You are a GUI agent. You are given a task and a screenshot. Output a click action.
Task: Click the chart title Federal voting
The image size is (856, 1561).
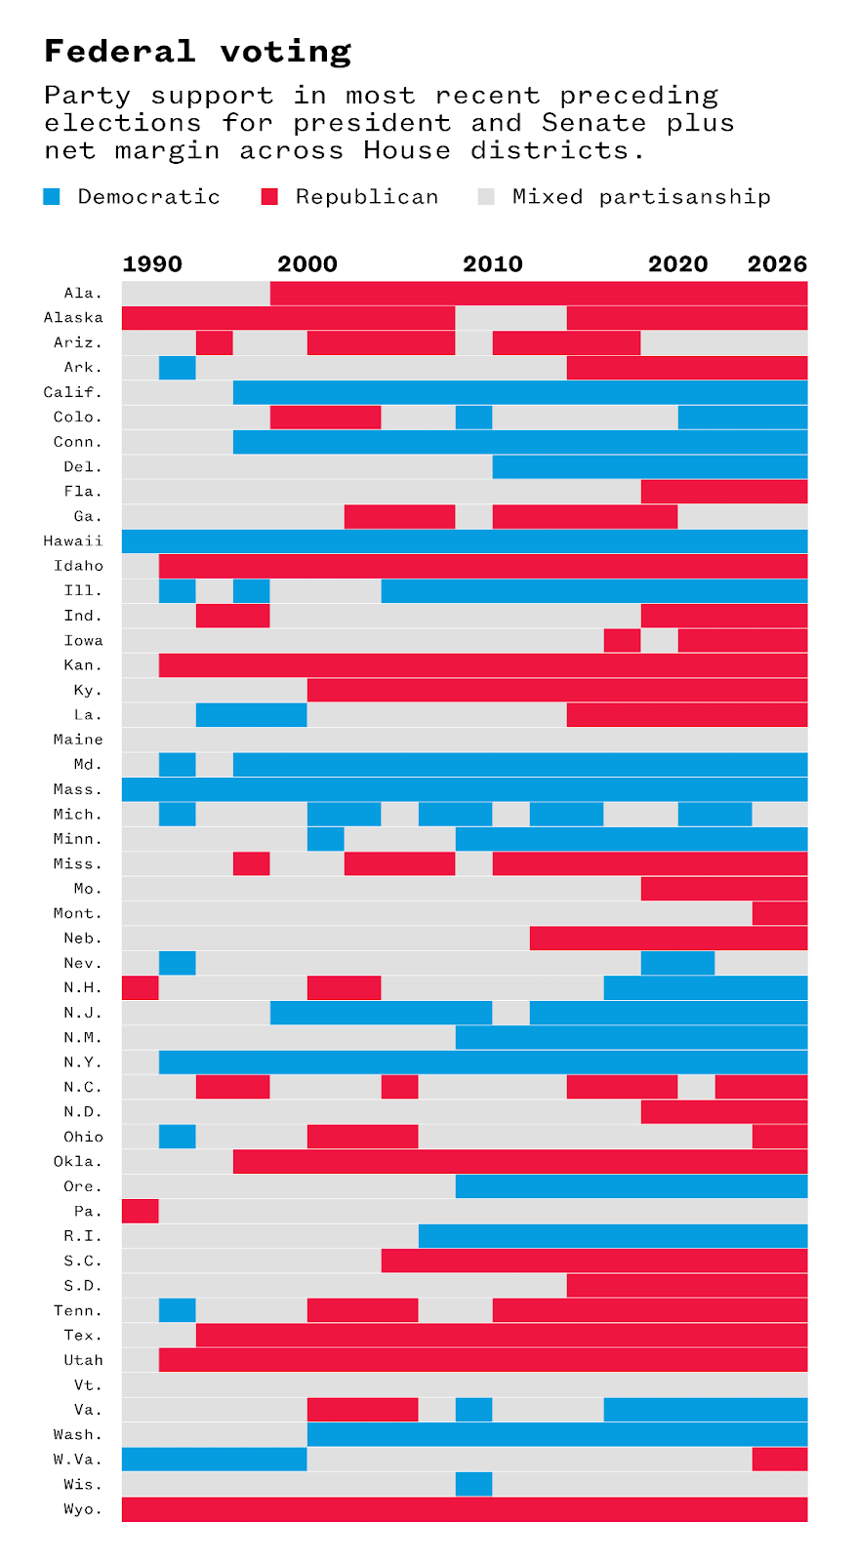tap(197, 52)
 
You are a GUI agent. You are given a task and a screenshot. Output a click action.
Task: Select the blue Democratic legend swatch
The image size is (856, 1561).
tap(52, 197)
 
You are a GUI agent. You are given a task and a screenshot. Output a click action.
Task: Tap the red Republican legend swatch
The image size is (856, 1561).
tap(269, 197)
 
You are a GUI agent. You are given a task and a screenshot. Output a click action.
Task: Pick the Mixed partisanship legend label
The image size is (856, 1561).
tap(641, 197)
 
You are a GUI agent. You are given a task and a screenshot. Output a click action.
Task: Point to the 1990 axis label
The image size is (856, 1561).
tap(152, 264)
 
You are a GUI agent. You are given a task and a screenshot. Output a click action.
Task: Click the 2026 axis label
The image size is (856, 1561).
tap(777, 264)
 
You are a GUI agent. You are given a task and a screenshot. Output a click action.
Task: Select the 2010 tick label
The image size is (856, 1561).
tap(493, 264)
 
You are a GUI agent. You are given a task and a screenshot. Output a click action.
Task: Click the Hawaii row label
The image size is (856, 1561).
tap(73, 541)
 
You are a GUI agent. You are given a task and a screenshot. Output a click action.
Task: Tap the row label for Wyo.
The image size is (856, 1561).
tap(83, 1509)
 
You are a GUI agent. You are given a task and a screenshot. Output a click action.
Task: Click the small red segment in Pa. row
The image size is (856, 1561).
tap(140, 1211)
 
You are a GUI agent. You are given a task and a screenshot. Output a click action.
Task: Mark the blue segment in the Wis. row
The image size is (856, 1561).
tap(473, 1484)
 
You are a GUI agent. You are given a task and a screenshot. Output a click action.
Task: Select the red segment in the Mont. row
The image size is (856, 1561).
tap(779, 913)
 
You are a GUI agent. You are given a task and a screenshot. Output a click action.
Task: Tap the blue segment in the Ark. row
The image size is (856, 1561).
tap(177, 368)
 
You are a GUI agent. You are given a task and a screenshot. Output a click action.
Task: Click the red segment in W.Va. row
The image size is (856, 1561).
tap(779, 1460)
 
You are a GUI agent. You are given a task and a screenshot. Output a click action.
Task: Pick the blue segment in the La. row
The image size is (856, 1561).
tap(251, 715)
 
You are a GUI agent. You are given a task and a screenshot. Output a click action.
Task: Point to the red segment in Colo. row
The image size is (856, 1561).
tap(325, 418)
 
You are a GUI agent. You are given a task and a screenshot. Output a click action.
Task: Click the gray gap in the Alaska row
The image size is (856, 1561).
tap(510, 318)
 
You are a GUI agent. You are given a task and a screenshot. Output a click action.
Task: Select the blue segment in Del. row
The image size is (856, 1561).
tap(649, 467)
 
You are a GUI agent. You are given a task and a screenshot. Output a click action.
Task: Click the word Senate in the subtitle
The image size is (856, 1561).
tap(594, 123)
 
